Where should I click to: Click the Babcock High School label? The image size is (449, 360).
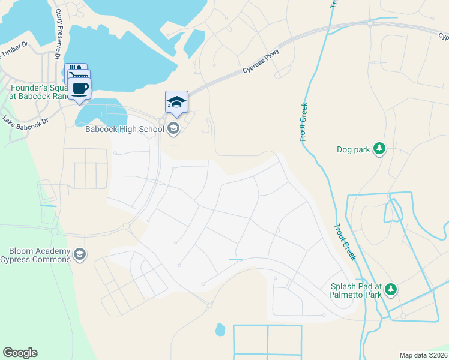pyautogui.click(x=124, y=128)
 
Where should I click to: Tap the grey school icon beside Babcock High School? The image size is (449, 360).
pyautogui.click(x=173, y=128)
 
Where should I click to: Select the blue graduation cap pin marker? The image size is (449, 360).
pyautogui.click(x=176, y=101)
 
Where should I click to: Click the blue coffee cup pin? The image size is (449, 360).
pyautogui.click(x=79, y=88)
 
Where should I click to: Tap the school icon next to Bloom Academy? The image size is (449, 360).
pyautogui.click(x=80, y=255)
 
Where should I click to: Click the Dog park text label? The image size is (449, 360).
pyautogui.click(x=353, y=149)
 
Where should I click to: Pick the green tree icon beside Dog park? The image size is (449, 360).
pyautogui.click(x=379, y=148)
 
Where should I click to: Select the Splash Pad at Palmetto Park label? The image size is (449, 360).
pyautogui.click(x=356, y=290)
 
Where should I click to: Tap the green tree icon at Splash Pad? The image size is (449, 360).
pyautogui.click(x=391, y=290)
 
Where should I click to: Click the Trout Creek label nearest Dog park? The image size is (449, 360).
pyautogui.click(x=304, y=122)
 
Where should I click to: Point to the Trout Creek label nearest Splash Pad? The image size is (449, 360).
pyautogui.click(x=346, y=242)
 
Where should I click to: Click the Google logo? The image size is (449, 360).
pyautogui.click(x=20, y=353)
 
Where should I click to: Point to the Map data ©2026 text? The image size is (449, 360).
pyautogui.click(x=423, y=355)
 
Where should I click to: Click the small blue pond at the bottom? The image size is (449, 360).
pyautogui.click(x=220, y=329)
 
